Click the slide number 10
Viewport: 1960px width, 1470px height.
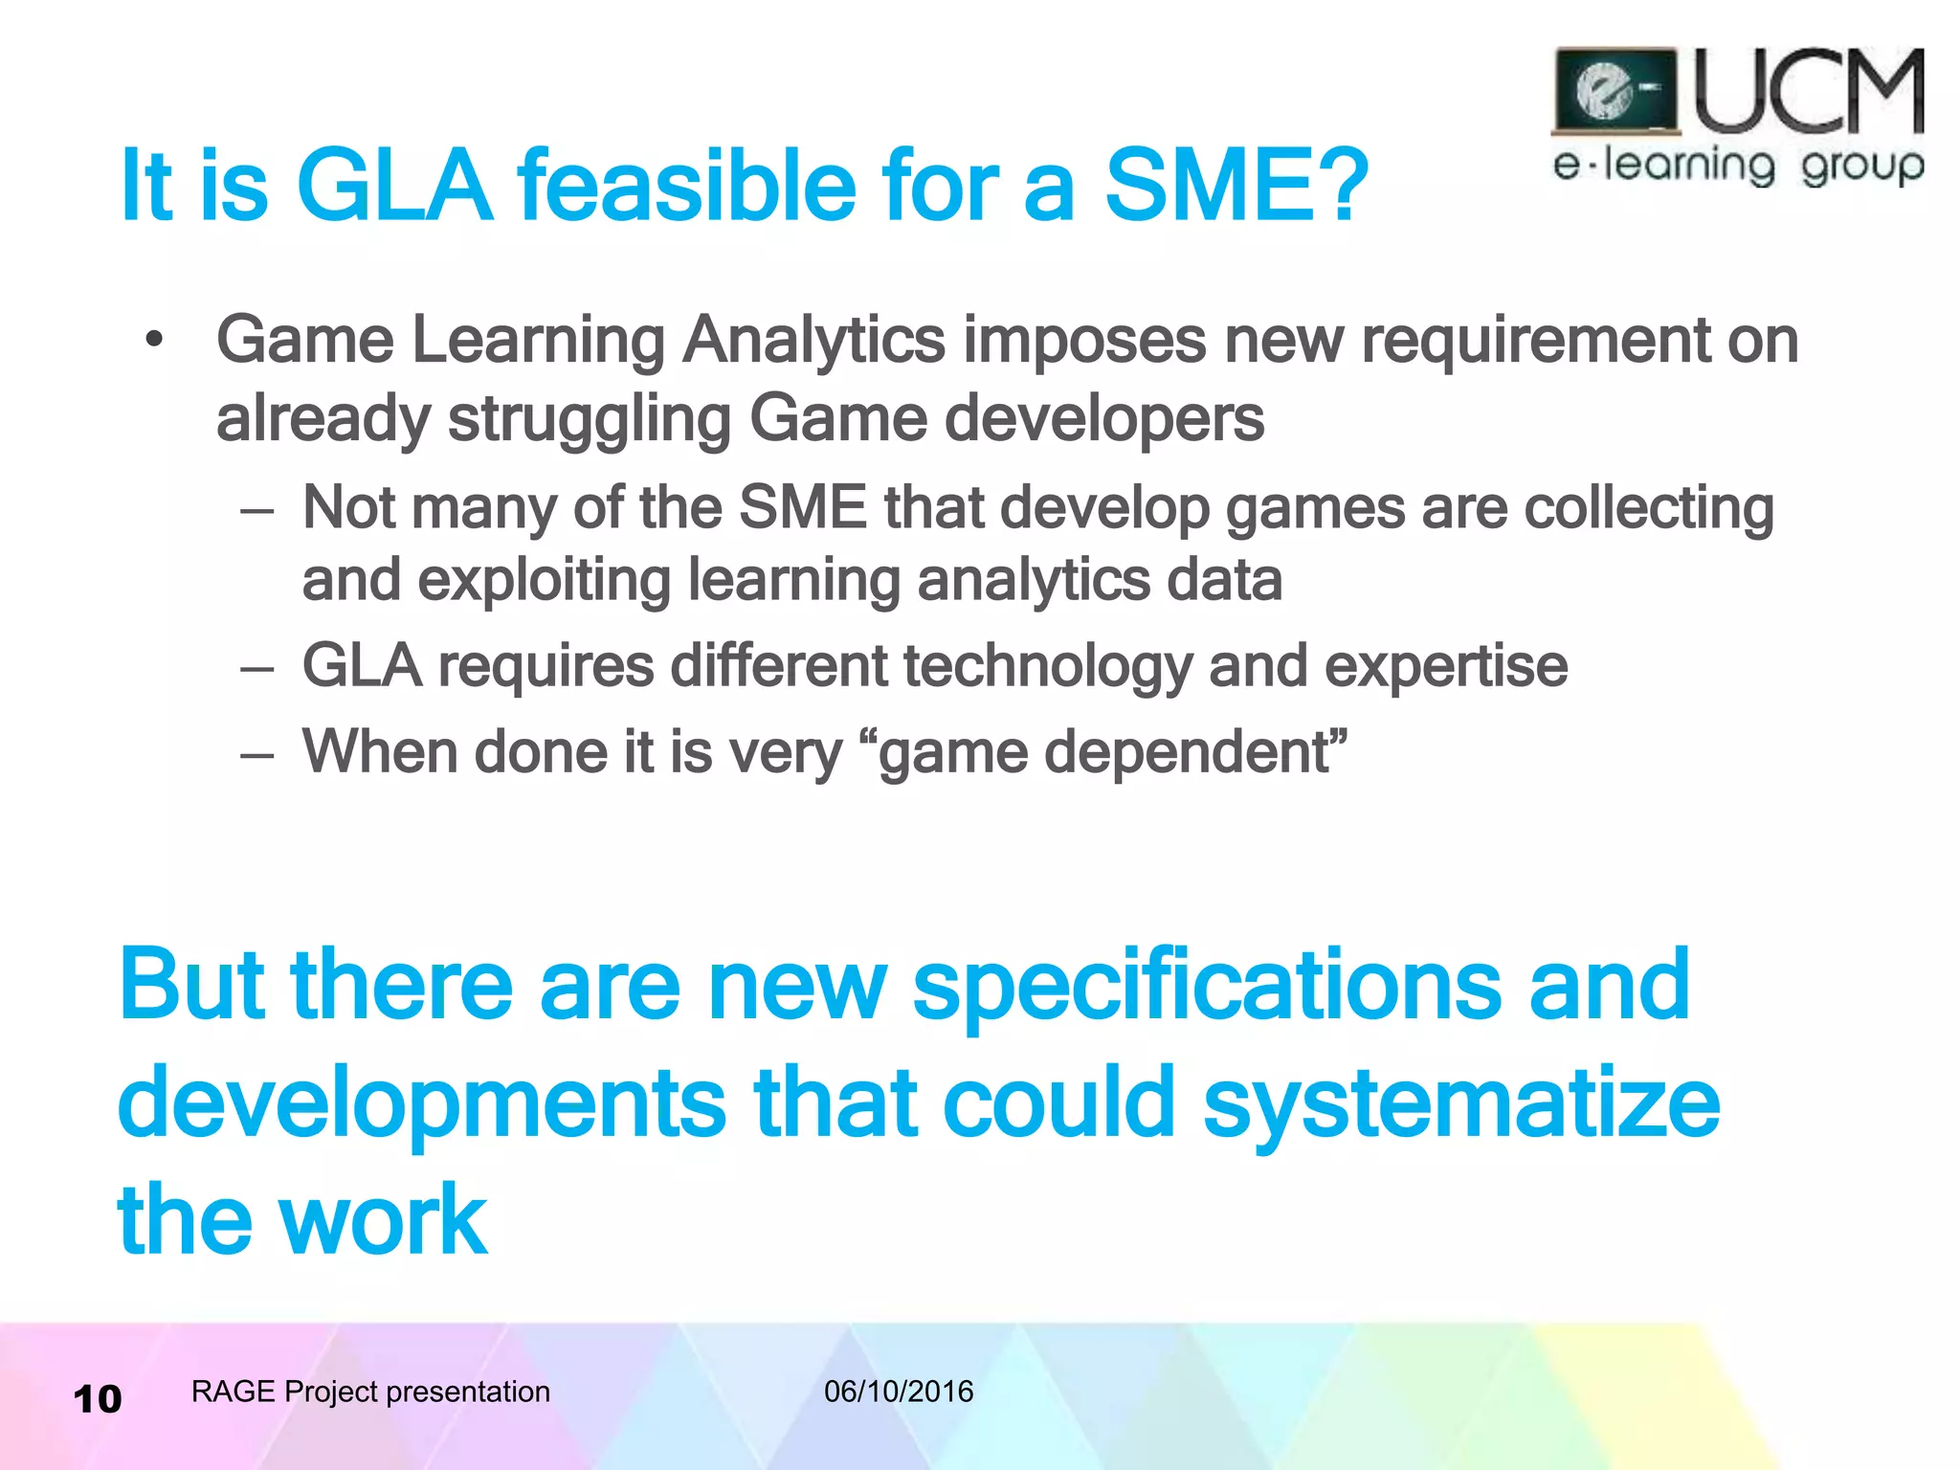98,1399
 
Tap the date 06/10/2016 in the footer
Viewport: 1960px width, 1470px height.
898,1392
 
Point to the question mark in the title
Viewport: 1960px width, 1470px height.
1339,185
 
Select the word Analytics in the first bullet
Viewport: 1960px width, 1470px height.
813,342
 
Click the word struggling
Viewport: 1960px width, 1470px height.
589,421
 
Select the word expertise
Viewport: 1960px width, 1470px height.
1445,668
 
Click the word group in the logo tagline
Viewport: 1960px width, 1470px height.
1861,167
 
